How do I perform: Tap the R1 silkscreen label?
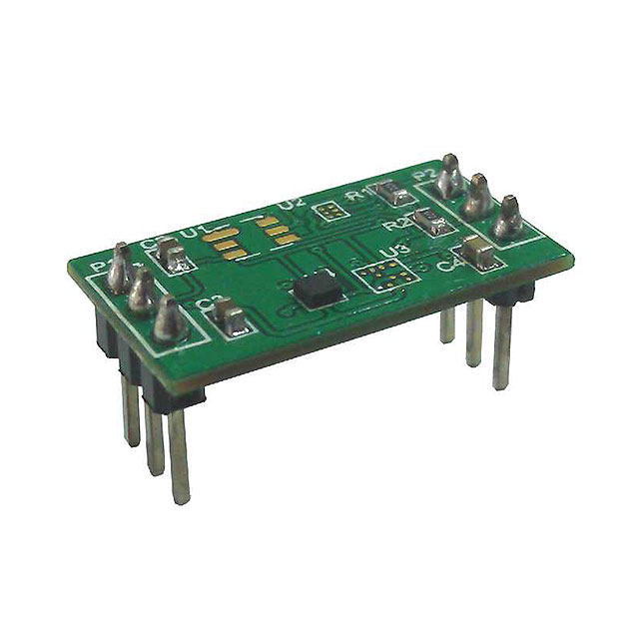click(x=353, y=196)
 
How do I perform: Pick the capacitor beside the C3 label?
click(x=231, y=318)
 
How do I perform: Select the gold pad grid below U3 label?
click(x=383, y=274)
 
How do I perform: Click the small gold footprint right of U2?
click(x=327, y=212)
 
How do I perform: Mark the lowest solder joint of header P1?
click(x=167, y=320)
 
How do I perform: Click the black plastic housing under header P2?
click(x=509, y=293)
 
